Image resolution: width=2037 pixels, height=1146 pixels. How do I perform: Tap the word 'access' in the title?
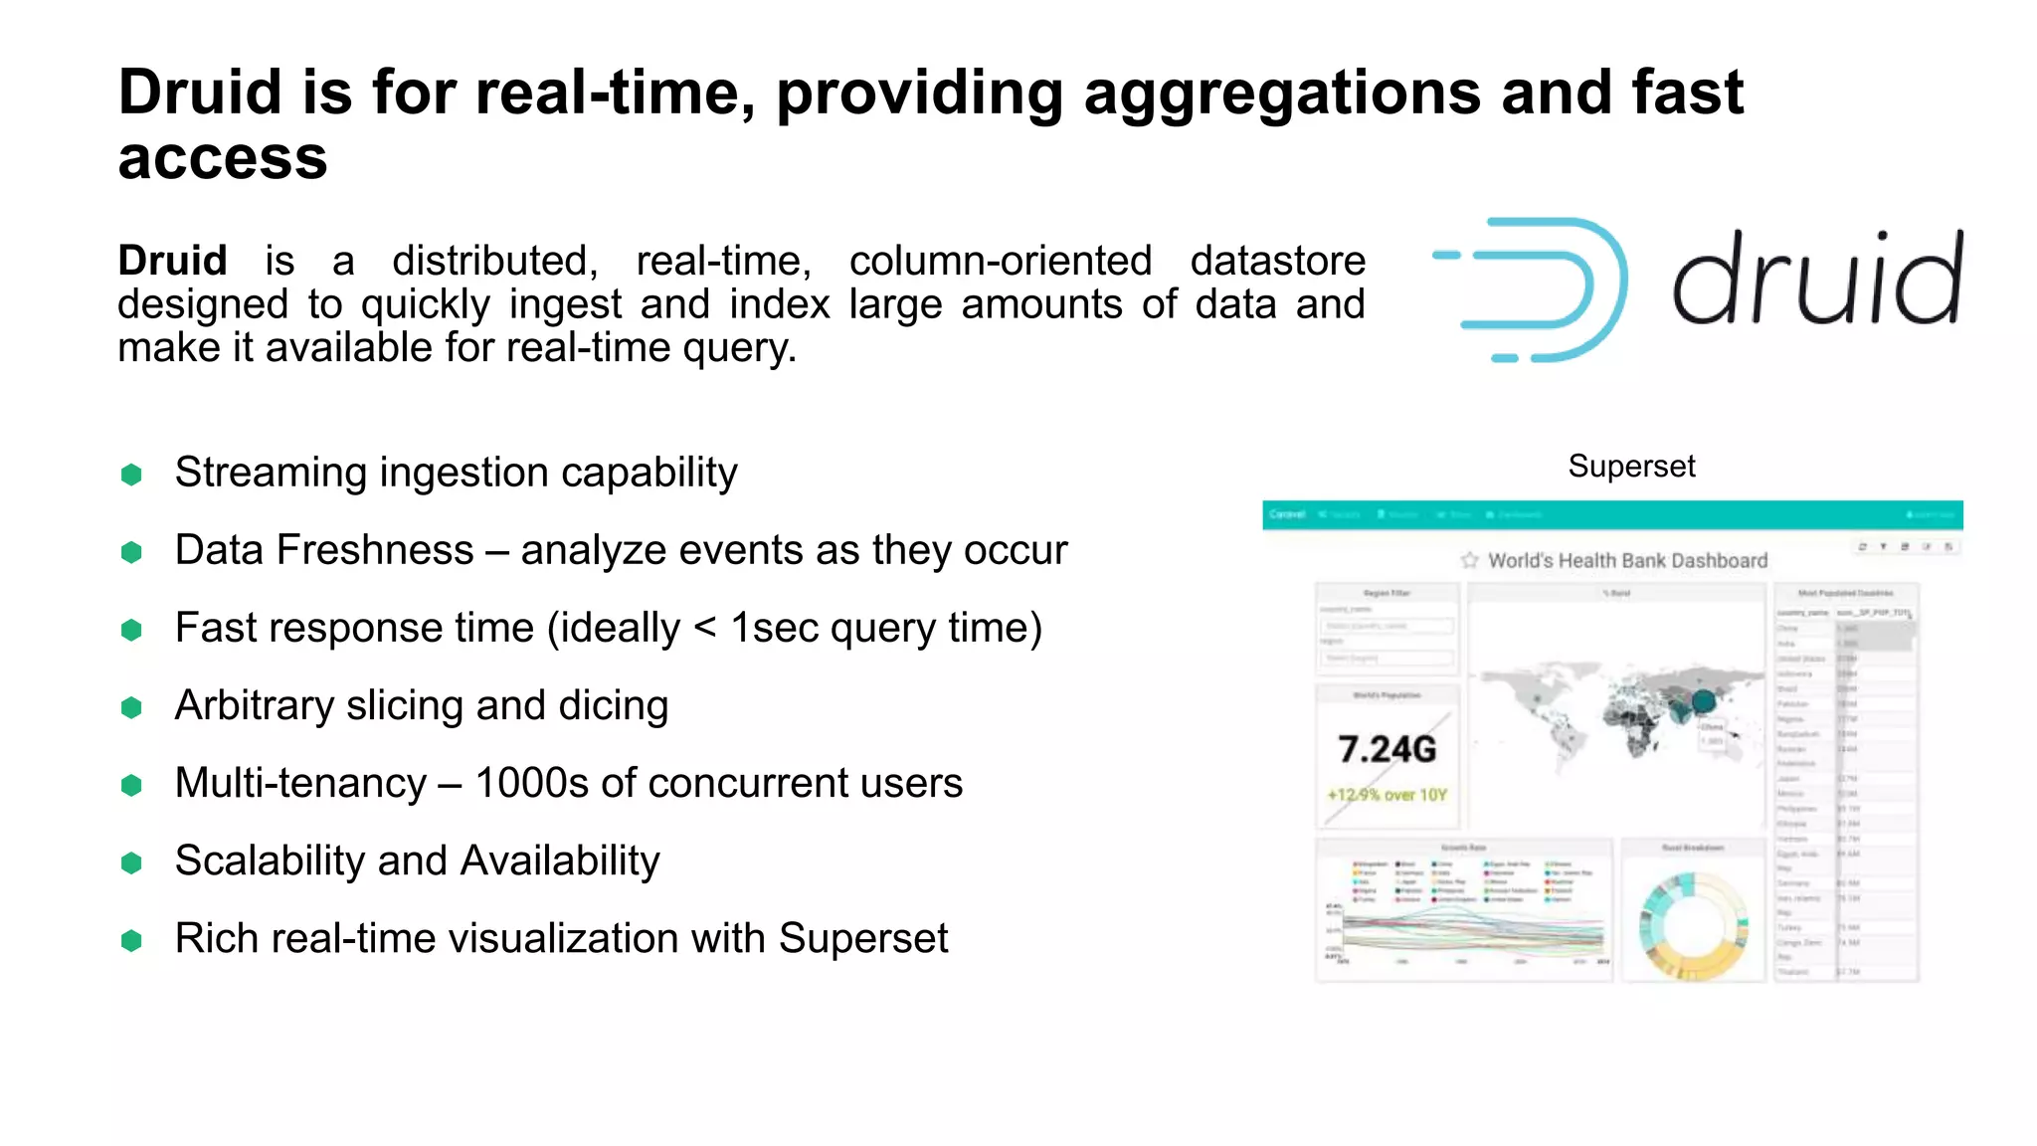(223, 159)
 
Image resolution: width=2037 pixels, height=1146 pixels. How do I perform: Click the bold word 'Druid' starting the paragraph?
(172, 261)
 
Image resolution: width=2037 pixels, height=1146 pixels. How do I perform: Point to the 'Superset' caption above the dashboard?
(1631, 466)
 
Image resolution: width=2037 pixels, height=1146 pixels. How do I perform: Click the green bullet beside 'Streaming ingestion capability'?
(131, 475)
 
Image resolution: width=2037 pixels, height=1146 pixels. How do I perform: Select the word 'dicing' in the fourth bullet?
(613, 705)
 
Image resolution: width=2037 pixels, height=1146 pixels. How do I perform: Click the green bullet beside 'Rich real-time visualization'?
(131, 940)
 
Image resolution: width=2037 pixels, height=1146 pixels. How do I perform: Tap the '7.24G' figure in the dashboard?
(1387, 749)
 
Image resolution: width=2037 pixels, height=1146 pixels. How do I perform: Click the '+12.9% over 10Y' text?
(1387, 795)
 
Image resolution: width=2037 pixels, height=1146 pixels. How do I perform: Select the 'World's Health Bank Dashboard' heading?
(1627, 561)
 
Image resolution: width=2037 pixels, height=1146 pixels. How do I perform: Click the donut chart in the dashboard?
(1692, 926)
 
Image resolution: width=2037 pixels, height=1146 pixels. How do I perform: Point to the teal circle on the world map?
(1703, 701)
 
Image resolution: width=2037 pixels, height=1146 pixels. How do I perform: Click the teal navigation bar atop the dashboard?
(1611, 514)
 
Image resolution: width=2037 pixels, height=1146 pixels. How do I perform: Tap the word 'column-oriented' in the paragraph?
(1000, 261)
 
